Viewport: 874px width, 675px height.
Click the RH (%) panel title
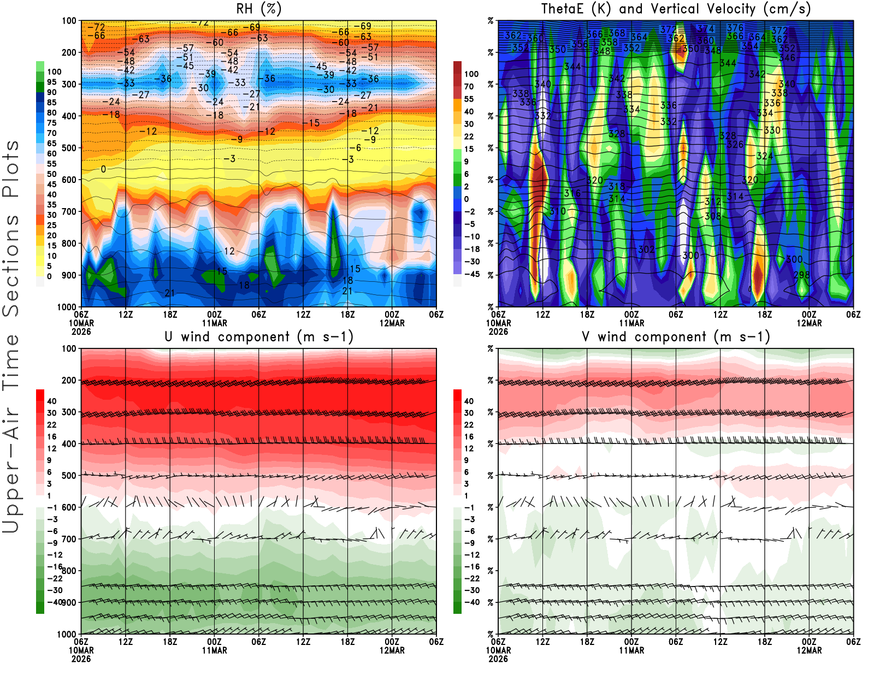259,9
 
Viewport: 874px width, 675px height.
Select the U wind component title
259,337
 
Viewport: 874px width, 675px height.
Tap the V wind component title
676,337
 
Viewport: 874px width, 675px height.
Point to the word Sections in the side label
11,265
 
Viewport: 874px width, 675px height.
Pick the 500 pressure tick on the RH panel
69,148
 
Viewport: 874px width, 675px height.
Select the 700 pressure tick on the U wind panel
69,539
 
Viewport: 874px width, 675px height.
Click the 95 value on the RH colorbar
52,82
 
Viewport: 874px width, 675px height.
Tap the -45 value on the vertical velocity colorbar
471,274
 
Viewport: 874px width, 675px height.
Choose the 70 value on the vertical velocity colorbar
469,86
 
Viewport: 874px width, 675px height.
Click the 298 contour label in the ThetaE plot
801,275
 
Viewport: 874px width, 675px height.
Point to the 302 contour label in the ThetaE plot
646,249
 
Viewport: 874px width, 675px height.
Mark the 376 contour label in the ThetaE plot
735,28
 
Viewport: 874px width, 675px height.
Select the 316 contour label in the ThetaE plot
572,193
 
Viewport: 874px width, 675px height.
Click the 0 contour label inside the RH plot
103,169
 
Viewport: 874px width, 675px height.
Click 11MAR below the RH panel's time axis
215,323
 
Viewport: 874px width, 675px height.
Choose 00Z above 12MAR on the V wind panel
809,642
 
